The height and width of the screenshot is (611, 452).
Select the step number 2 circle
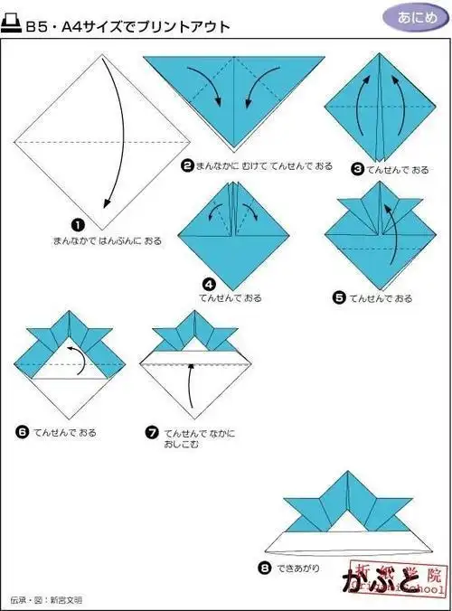[187, 165]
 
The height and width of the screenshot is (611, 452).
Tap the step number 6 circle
[23, 432]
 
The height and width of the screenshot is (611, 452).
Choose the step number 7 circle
[153, 432]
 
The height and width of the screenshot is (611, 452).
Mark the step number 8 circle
[264, 569]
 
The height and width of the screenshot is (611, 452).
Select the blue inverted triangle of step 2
[232, 95]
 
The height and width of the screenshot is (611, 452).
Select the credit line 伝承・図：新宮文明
[46, 599]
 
